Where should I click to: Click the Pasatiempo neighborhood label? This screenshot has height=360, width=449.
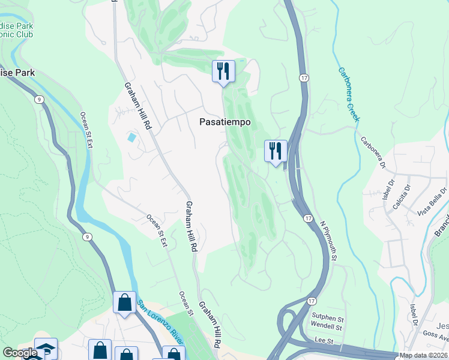pyautogui.click(x=224, y=122)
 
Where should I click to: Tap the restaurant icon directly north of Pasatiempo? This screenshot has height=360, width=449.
pyautogui.click(x=223, y=71)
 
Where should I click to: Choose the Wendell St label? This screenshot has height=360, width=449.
pyautogui.click(x=326, y=327)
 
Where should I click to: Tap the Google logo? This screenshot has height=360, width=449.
pyautogui.click(x=20, y=353)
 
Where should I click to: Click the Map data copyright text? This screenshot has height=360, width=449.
pyautogui.click(x=423, y=355)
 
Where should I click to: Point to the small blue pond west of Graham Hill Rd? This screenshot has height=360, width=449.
pyautogui.click(x=131, y=137)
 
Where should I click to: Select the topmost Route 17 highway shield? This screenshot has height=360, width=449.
pyautogui.click(x=305, y=79)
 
